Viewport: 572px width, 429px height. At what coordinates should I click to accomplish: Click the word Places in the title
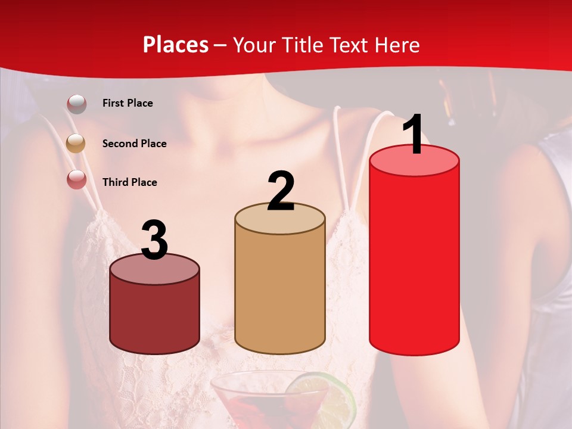click(176, 45)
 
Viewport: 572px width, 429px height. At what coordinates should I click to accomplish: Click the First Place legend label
click(128, 103)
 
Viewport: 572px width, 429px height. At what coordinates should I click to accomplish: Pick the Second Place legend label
click(134, 144)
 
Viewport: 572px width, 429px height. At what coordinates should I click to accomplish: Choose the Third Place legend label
click(129, 182)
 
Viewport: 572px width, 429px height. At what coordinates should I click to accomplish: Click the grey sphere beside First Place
click(77, 104)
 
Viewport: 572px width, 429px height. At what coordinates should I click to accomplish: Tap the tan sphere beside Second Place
click(76, 143)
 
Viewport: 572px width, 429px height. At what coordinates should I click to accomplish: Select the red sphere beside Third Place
click(77, 179)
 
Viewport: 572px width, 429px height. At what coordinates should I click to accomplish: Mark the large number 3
click(155, 241)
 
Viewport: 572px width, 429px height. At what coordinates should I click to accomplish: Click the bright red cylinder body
click(414, 256)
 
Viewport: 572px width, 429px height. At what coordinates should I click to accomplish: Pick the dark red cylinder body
click(155, 313)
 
